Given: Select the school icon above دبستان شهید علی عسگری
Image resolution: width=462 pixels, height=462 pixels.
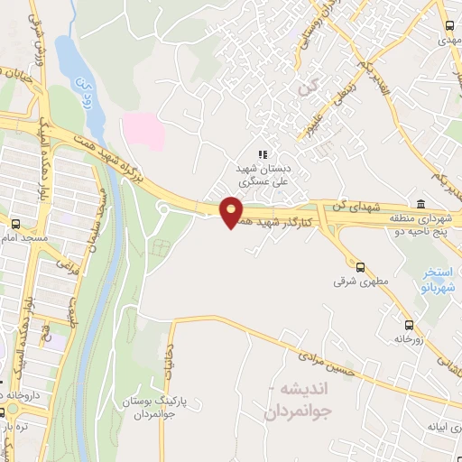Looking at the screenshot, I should [263, 155].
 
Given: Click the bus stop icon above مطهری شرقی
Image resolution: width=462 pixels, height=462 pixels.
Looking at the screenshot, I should [360, 267].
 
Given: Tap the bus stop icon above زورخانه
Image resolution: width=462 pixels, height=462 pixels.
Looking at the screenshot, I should [410, 324].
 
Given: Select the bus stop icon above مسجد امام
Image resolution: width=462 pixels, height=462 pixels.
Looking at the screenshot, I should [15, 223].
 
